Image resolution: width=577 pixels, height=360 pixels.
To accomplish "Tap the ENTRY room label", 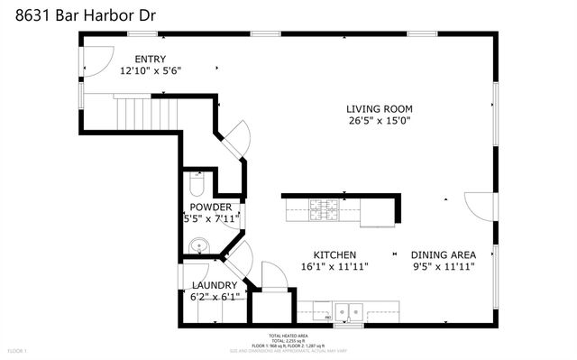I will point(151,59).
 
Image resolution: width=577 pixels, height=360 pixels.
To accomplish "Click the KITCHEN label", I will point(334,254).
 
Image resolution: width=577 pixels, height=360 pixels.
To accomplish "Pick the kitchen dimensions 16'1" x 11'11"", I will point(334,266).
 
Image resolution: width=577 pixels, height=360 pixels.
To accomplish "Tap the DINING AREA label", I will point(444,254).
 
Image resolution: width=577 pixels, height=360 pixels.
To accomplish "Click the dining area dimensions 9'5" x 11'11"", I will point(444,266).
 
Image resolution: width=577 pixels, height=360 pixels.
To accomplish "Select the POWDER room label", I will point(210,207).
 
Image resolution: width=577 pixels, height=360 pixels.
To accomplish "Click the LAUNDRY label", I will point(215,285).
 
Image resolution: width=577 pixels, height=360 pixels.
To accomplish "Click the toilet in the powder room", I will point(197,185).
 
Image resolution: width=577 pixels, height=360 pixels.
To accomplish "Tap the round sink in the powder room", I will point(199,245).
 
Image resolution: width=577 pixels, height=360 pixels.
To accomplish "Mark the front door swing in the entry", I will point(93,58).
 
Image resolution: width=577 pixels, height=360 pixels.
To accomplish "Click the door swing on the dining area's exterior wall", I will point(478,205).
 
